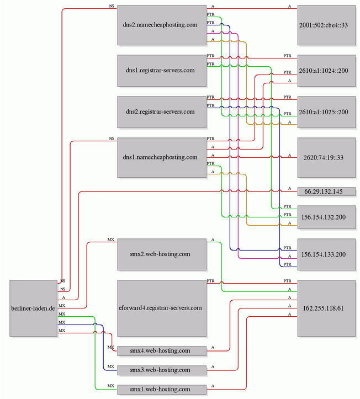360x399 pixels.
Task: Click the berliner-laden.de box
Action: [33, 308]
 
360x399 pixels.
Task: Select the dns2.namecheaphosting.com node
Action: [162, 25]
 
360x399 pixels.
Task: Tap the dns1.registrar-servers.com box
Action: [162, 71]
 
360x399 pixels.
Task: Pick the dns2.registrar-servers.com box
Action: [162, 112]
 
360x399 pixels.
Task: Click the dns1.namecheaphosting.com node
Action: [162, 157]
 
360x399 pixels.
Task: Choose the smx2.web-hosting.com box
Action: [162, 254]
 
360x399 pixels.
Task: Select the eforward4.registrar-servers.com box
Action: [162, 308]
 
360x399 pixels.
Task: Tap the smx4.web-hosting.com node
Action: [162, 350]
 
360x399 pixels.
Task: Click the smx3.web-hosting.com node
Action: [162, 370]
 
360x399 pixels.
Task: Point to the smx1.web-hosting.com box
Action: [162, 389]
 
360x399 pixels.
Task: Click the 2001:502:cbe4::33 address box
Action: [326, 25]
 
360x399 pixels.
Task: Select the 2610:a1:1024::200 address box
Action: [326, 71]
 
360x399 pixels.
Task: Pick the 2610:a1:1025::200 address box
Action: [326, 112]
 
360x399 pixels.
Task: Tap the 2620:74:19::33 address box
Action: [326, 157]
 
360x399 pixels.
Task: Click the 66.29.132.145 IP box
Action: [326, 191]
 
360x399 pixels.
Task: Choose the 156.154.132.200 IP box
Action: [326, 217]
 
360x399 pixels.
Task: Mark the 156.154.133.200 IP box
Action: [326, 254]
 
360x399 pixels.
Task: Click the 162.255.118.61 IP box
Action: [326, 308]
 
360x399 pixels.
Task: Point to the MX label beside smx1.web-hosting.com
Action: [111, 386]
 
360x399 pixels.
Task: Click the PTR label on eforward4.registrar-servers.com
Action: [210, 281]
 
